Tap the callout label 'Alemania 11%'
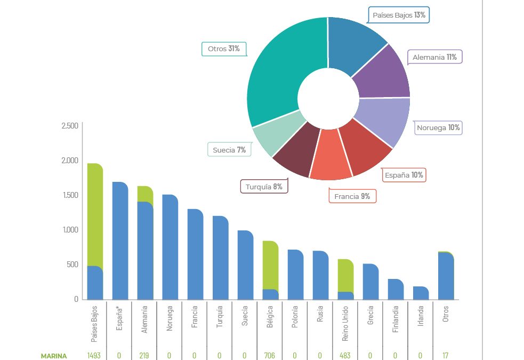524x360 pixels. coord(434,57)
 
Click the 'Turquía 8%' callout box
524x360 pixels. coord(264,187)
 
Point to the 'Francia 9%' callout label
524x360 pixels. coord(352,196)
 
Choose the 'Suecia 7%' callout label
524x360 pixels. coord(229,150)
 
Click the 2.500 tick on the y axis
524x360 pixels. coord(70,126)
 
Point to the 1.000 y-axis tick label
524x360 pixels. coord(70,230)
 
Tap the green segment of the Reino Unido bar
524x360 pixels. coord(345,275)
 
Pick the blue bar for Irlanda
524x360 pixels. coord(421,293)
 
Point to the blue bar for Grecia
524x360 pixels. coord(370,282)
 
